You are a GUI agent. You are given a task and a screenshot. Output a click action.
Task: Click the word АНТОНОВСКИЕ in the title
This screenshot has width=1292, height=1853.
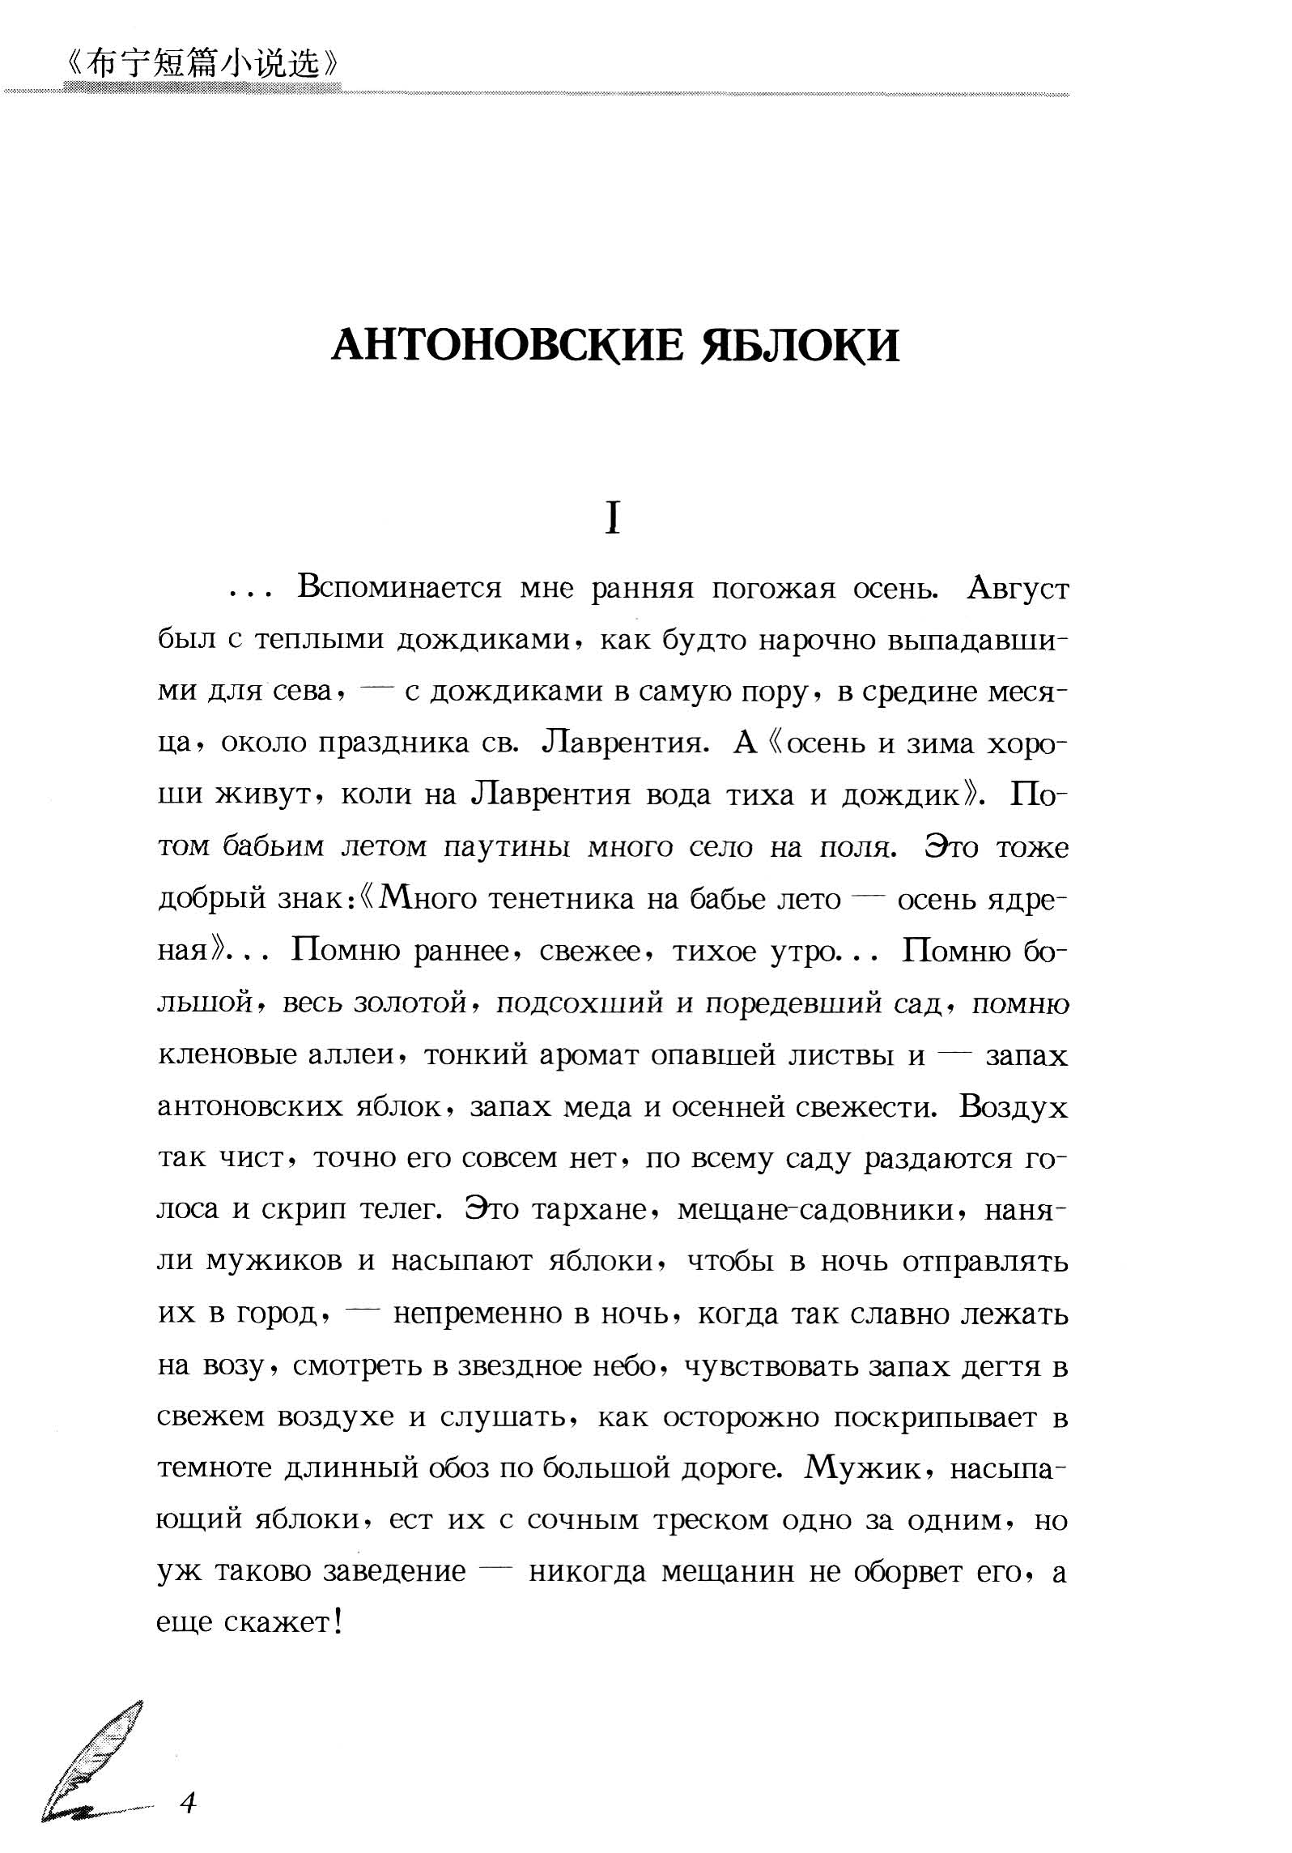pos(504,346)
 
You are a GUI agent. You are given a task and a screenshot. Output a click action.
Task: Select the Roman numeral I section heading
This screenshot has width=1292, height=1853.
pos(613,519)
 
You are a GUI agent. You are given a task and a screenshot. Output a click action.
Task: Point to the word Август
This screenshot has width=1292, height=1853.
pos(1018,589)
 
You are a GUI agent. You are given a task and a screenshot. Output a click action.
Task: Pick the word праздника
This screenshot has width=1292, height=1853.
pos(393,743)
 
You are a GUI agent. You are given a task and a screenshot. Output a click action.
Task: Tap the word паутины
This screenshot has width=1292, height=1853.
pos(510,847)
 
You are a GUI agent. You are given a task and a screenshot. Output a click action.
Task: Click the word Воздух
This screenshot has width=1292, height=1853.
pos(1014,1106)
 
